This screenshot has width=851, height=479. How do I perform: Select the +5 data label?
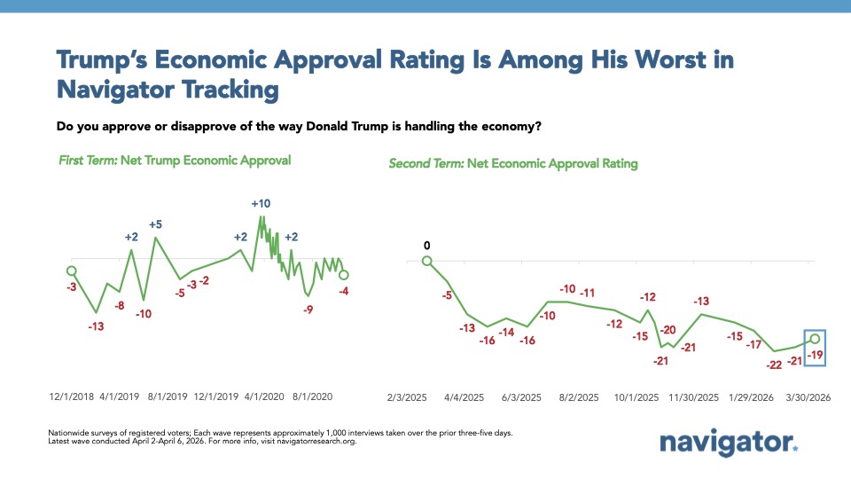click(155, 224)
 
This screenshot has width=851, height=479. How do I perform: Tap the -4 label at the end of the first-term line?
click(343, 291)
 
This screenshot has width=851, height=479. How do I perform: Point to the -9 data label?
click(308, 310)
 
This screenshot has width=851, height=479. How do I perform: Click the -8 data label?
click(119, 305)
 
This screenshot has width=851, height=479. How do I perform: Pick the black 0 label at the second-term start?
click(426, 245)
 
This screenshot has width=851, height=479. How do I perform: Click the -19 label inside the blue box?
click(816, 355)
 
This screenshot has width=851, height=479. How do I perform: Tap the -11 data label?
click(587, 293)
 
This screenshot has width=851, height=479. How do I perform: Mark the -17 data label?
click(753, 344)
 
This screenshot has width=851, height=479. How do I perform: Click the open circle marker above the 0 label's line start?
click(426, 261)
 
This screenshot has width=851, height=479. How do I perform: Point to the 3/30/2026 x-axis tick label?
click(808, 398)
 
